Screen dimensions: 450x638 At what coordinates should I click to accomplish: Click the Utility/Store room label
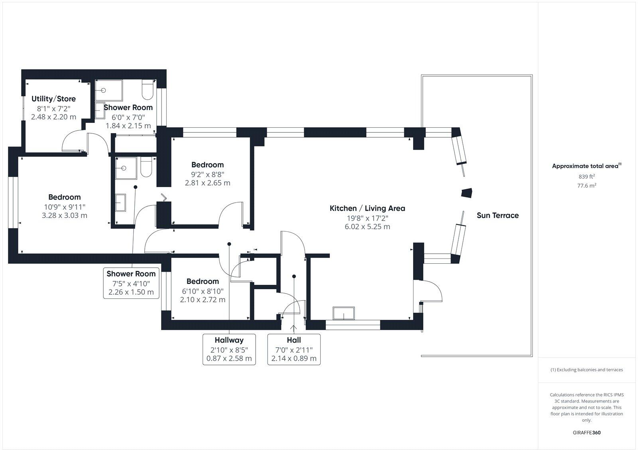pos(53,99)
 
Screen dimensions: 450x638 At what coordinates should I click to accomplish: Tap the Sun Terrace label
pos(498,215)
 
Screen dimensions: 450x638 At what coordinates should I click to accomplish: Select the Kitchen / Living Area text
pos(367,208)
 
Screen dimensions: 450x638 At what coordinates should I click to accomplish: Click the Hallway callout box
pos(229,349)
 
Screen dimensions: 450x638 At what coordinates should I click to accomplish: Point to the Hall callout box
pos(294,349)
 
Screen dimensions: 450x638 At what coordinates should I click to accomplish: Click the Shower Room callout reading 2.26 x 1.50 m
pos(131,283)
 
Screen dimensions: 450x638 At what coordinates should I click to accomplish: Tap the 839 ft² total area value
pos(587,176)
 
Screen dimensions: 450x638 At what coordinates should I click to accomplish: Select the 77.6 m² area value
pos(587,186)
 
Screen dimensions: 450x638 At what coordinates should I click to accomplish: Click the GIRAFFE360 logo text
pos(587,432)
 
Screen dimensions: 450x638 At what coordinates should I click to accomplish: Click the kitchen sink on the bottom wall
pos(344,314)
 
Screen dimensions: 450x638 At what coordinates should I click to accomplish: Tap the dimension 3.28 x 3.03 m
pos(64,215)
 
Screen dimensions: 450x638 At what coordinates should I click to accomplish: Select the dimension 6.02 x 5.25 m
pos(367,227)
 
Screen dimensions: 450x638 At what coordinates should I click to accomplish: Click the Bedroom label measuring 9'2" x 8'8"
pos(207,165)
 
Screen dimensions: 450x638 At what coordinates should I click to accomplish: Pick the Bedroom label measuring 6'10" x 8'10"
pos(203,281)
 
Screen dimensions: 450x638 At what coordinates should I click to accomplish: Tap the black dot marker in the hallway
pos(229,244)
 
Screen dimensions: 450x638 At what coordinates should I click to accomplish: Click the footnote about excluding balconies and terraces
pos(587,370)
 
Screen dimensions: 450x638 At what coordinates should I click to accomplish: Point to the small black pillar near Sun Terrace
pos(467,193)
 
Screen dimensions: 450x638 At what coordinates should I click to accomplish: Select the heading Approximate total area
pos(585,166)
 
